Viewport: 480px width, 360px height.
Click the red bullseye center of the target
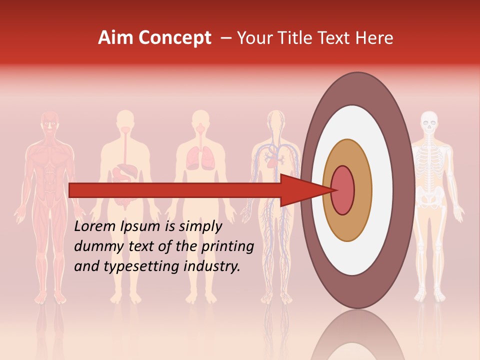(x=342, y=190)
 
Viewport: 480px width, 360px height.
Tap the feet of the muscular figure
(x=50, y=298)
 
